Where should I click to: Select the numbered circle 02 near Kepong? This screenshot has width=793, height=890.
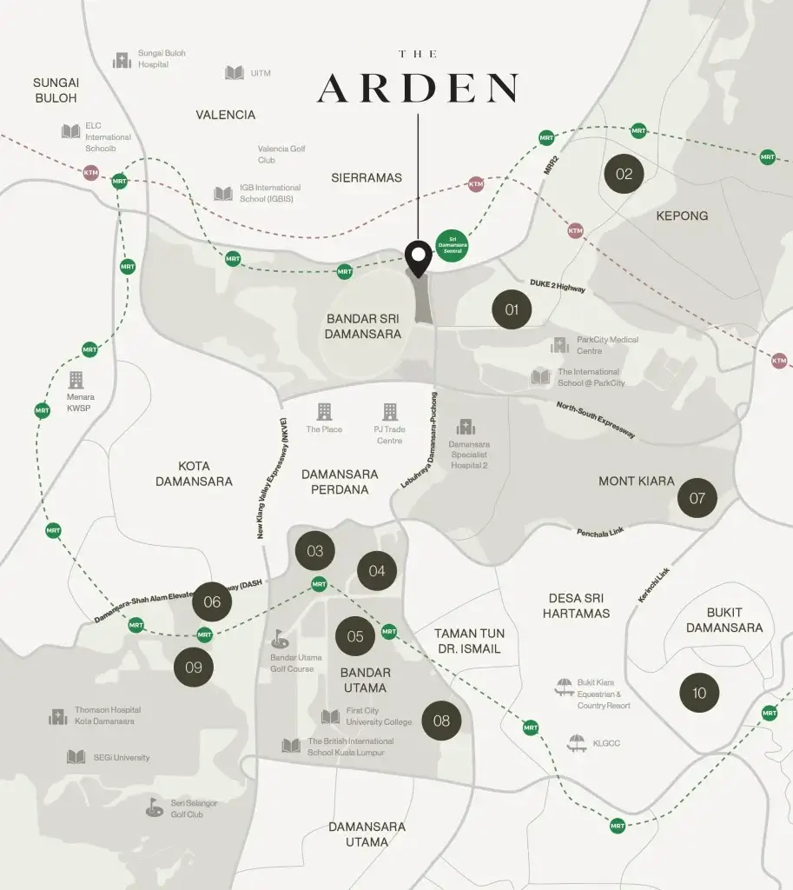pos(624,174)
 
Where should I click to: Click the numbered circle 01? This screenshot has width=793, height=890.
pos(512,309)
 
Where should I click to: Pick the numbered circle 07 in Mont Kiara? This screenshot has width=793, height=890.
pos(697,499)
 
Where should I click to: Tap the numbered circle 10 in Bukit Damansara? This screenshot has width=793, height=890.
pos(699,693)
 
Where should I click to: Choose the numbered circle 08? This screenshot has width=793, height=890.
pos(441,721)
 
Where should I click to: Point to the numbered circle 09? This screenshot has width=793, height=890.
pos(193,667)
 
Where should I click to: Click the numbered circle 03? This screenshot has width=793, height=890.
pos(314,551)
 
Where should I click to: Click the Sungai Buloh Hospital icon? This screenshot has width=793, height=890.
pos(122,60)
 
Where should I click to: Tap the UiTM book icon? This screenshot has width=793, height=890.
pos(235,73)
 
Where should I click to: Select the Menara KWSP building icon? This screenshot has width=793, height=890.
pos(76,380)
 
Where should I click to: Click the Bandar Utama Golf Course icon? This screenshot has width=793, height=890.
pos(280,639)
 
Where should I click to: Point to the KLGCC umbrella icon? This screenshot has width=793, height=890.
pos(576,743)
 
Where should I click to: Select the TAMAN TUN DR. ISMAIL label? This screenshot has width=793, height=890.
pos(469,641)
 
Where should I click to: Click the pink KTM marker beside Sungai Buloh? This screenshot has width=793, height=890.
pos(91,173)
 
